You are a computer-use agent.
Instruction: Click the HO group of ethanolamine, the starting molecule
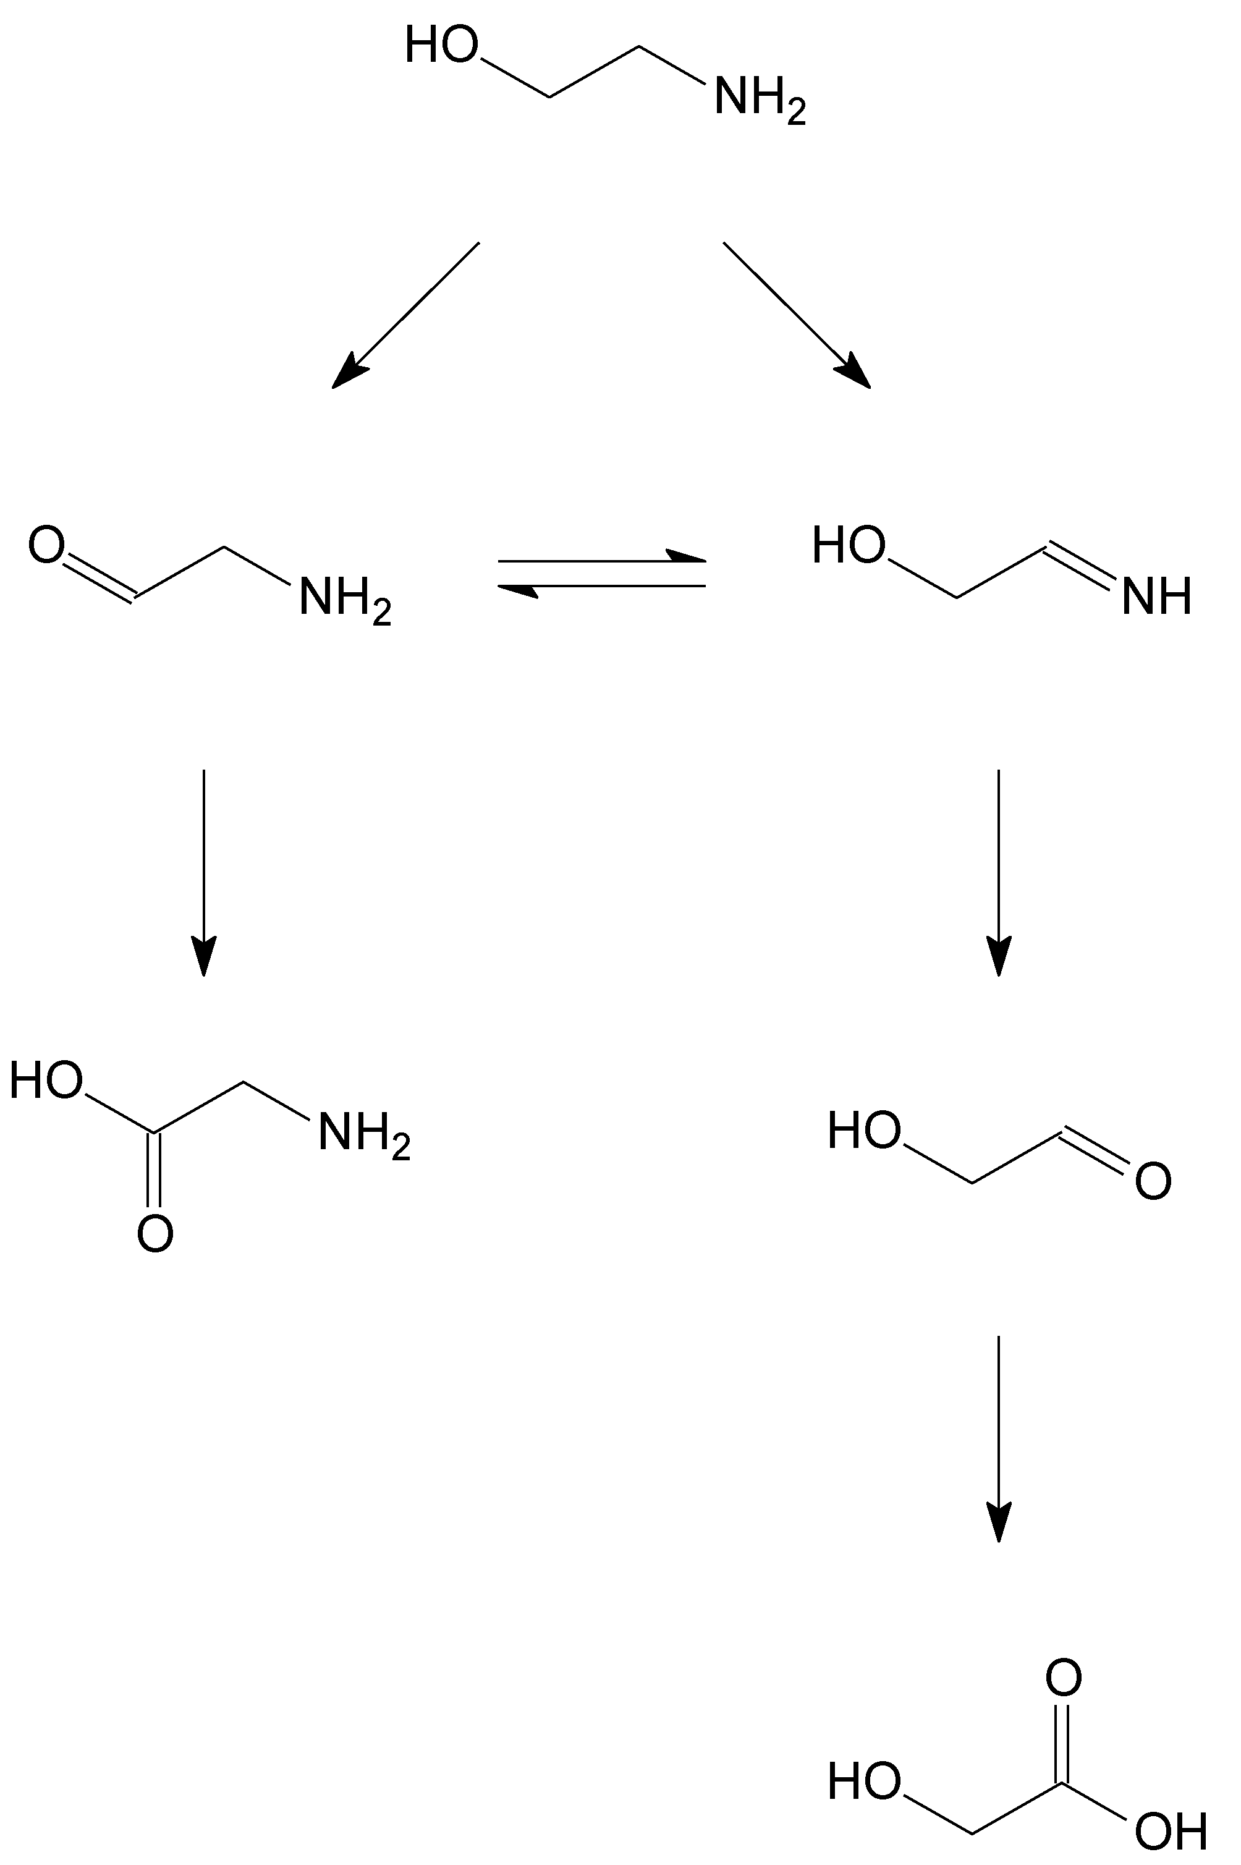coord(442,45)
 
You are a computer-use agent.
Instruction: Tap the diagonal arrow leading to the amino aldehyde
coord(405,315)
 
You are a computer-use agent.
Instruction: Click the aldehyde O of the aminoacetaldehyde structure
coord(46,545)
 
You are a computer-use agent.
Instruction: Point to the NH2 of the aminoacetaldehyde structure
coord(344,598)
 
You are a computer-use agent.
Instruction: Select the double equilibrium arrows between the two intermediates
coord(601,573)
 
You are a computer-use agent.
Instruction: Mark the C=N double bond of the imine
coord(1080,565)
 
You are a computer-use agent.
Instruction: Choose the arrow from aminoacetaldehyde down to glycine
coord(204,871)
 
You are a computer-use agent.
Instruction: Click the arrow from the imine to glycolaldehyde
coord(999,871)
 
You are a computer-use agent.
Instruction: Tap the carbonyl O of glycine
coord(155,1233)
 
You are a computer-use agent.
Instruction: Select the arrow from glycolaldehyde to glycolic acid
coord(999,1437)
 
